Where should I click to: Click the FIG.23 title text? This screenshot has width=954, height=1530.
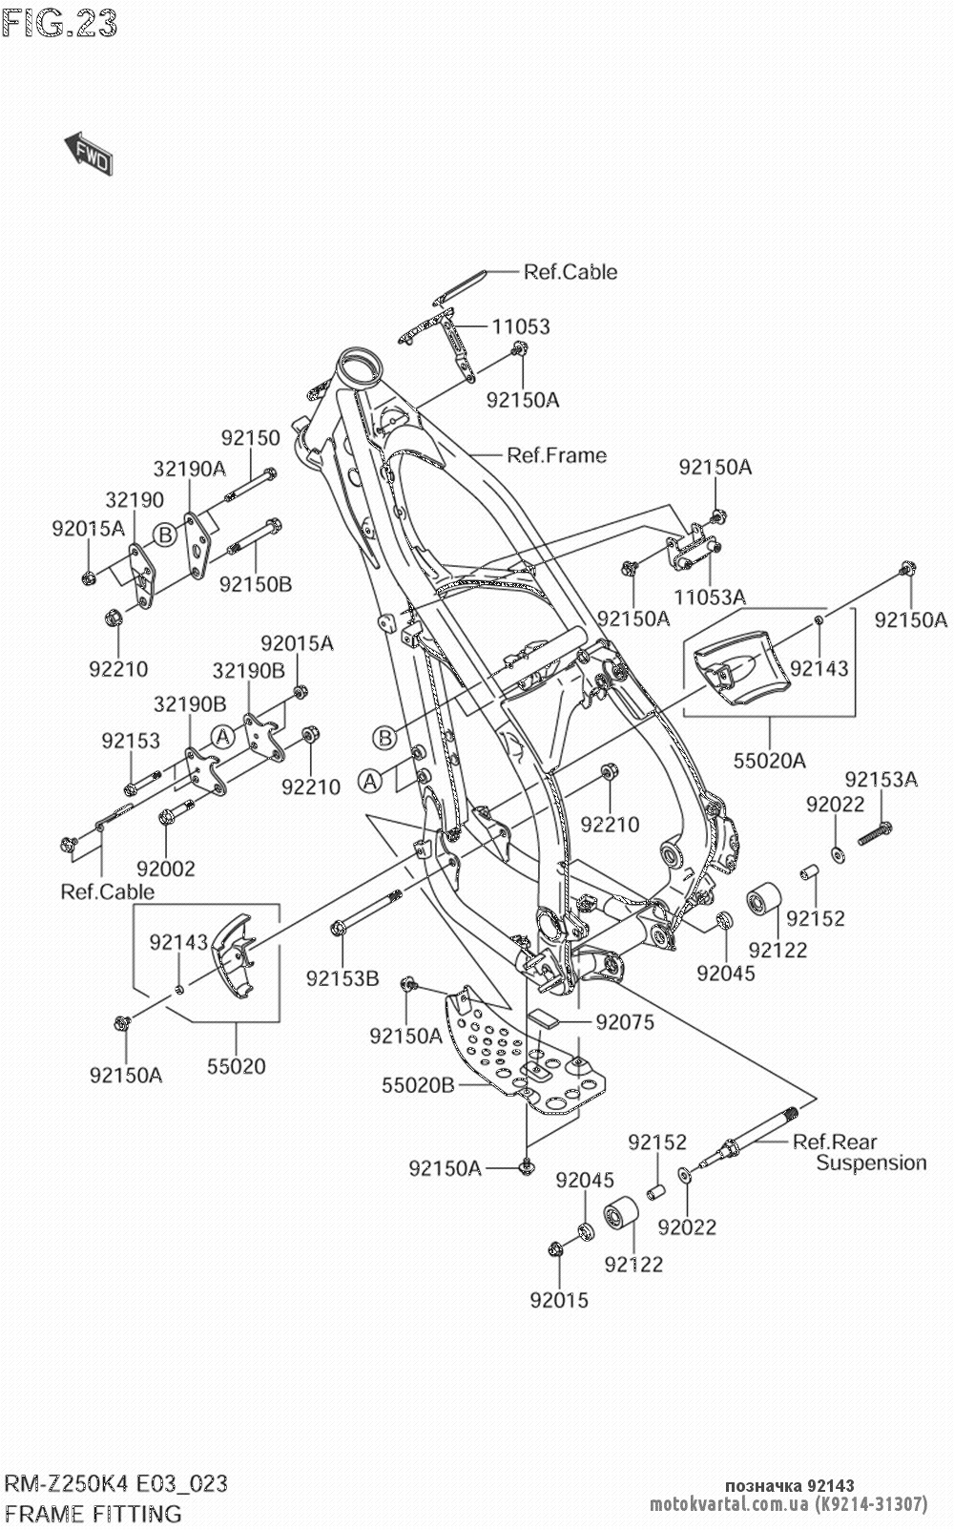point(59,23)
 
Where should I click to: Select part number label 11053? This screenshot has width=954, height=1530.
point(521,326)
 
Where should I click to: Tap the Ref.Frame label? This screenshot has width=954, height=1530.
point(556,455)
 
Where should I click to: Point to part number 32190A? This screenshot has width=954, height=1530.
point(189,468)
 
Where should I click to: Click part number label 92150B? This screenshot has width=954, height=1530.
point(256,584)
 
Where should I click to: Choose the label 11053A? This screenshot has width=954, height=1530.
point(709,597)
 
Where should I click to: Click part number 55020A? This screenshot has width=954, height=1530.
point(770,761)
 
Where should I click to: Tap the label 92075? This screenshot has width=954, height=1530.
point(625,1022)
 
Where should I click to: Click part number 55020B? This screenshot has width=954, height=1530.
point(418,1085)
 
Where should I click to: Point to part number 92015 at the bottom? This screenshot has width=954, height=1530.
point(559,1300)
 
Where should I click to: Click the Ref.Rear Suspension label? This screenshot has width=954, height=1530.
point(859,1152)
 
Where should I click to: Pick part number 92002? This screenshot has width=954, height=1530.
point(165,869)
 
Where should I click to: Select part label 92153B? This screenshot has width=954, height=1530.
point(342,978)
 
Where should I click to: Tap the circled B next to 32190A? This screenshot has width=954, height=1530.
point(166,535)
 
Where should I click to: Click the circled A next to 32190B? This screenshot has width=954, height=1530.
point(222,736)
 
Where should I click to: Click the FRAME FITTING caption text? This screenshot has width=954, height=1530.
point(93,1513)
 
